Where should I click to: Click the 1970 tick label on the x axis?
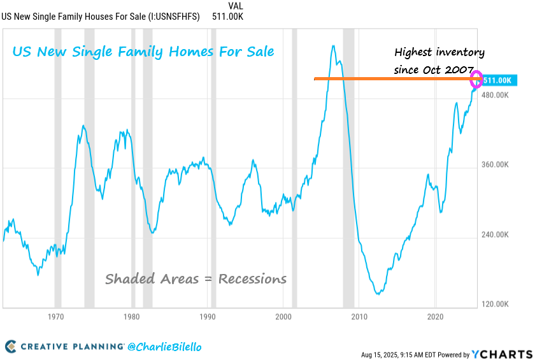(x=56, y=317)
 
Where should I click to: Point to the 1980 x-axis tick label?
(x=132, y=317)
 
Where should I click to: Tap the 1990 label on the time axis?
(x=208, y=317)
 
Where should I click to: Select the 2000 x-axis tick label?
(x=283, y=317)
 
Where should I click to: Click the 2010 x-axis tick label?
(x=359, y=317)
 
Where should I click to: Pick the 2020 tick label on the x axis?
(x=436, y=317)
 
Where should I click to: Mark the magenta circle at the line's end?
(x=476, y=80)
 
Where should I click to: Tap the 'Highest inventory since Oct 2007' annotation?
(x=439, y=61)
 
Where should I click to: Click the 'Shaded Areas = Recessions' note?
(x=196, y=279)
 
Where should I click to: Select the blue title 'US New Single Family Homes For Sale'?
(x=143, y=51)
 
